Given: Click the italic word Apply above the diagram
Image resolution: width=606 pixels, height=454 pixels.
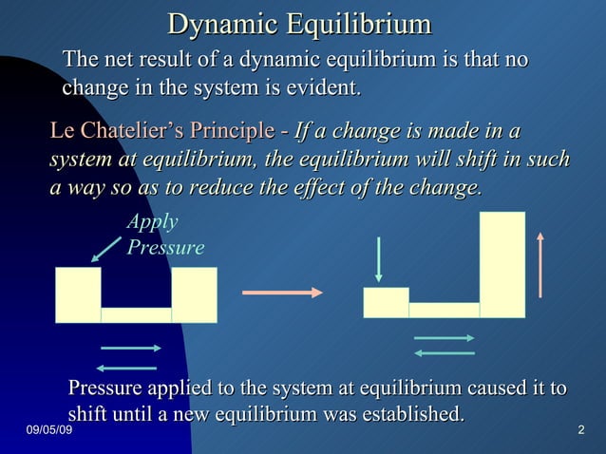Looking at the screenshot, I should (x=152, y=221).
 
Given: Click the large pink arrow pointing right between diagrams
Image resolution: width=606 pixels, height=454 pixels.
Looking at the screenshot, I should (x=282, y=292).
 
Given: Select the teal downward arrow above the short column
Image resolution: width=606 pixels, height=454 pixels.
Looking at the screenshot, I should (x=379, y=258).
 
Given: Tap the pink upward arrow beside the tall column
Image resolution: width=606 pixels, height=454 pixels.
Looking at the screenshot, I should (x=540, y=264).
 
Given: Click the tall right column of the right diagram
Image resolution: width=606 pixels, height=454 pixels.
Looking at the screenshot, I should (x=502, y=264).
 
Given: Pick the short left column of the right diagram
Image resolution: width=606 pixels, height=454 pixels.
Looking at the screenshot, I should (x=386, y=302).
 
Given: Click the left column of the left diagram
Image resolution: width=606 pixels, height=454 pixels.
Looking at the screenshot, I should (x=78, y=294).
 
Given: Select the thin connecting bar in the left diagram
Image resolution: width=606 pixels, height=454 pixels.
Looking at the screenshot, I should (x=136, y=314).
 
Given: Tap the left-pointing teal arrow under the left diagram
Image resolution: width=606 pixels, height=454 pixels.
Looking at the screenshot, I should (x=126, y=368).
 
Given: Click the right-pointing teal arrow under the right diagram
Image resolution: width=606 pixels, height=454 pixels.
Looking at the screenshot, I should (x=444, y=338).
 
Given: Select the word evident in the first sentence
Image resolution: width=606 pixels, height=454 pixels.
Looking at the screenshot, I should (x=325, y=89).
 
